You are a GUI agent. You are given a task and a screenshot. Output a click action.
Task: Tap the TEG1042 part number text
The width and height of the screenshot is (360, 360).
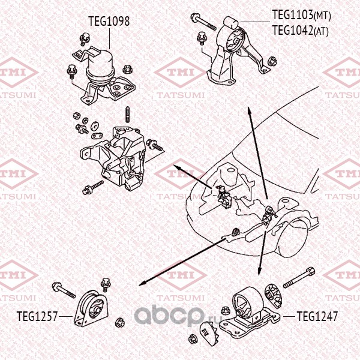[x=293, y=30]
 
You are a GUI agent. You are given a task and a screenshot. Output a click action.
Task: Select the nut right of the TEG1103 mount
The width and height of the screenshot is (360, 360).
[x=272, y=61]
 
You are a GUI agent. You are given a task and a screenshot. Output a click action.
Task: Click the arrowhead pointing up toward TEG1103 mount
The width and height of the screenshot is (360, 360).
[x=248, y=112]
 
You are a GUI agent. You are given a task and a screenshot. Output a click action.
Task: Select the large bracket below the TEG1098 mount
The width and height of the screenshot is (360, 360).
[x=117, y=156]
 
